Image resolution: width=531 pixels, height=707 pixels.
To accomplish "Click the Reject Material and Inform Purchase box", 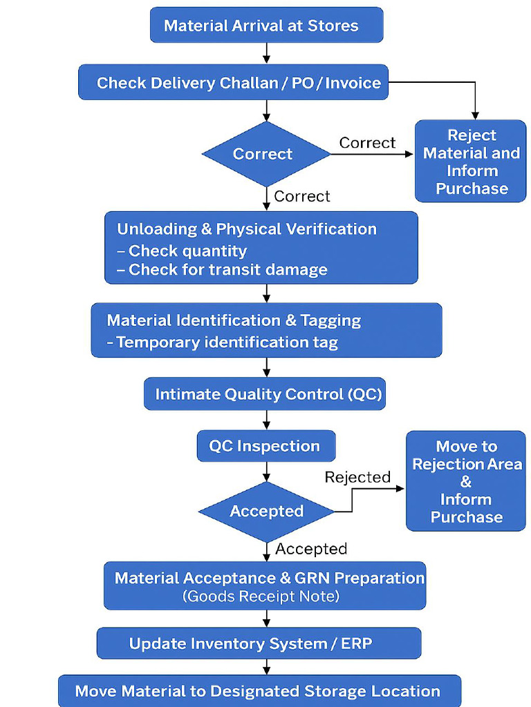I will (470, 162).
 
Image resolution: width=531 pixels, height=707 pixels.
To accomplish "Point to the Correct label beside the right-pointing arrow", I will (367, 143).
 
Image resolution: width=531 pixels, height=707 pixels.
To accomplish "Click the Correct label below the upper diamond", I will (302, 196).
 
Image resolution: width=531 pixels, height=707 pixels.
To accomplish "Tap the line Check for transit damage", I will (227, 269).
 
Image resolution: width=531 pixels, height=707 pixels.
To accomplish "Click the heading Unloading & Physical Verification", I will (247, 229).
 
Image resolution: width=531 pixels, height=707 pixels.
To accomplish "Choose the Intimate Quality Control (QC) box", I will (265, 394).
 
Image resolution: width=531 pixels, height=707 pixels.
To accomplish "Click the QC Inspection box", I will (265, 446).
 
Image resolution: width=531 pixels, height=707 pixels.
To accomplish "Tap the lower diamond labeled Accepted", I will (266, 511).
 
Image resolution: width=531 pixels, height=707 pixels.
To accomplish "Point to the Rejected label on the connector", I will (357, 477).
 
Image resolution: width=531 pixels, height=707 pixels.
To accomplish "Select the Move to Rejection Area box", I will (465, 481).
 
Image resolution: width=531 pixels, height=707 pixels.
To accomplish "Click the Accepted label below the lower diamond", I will (311, 549).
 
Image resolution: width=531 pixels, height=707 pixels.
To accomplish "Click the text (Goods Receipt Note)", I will (261, 596).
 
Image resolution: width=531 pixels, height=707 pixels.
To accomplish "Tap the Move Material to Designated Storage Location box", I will (259, 691).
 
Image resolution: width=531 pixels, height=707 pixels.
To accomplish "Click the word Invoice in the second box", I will (353, 83).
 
